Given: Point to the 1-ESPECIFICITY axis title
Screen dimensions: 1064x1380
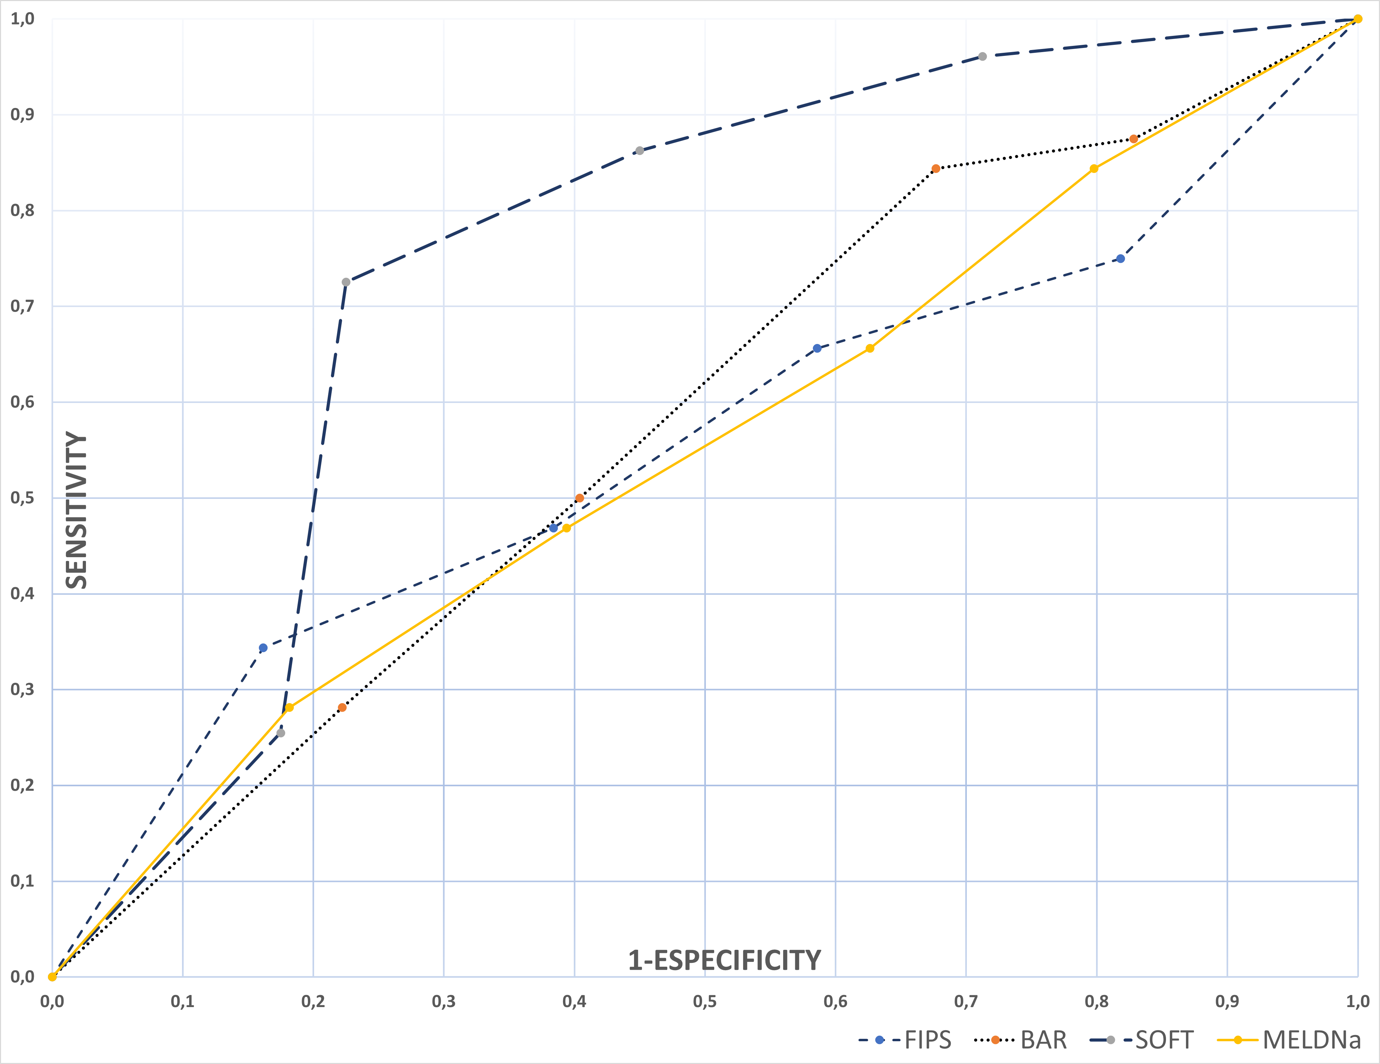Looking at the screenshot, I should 724,960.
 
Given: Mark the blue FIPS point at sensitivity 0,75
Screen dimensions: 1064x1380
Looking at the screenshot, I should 1121,259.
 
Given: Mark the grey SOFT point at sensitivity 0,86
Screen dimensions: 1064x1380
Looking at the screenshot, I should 640,151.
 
